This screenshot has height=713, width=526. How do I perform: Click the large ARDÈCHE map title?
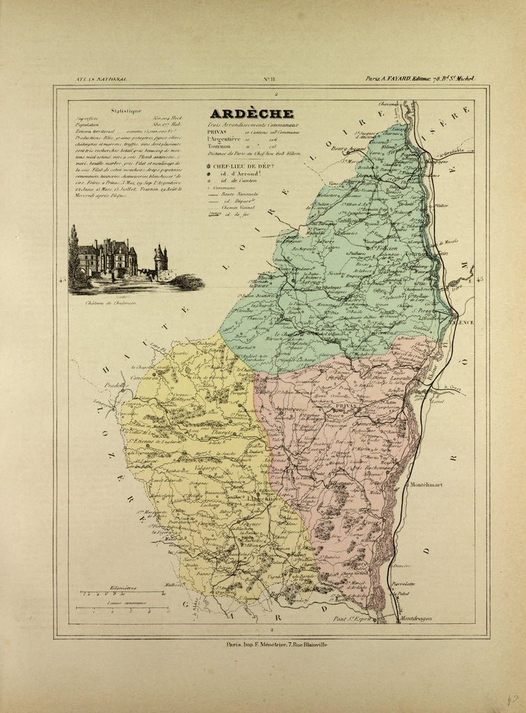(x=252, y=114)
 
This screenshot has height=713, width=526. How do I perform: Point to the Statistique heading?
(x=126, y=110)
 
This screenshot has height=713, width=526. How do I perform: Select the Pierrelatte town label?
(x=423, y=583)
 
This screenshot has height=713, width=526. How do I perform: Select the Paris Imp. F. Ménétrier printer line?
(x=277, y=645)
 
